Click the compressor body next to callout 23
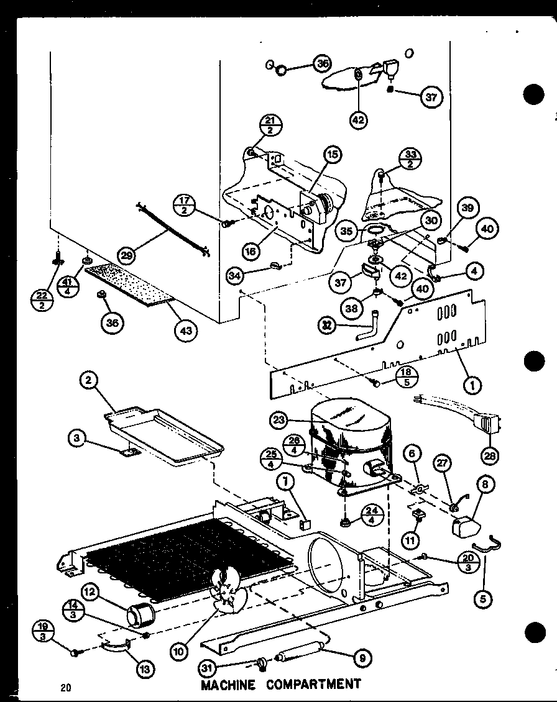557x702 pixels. (x=351, y=435)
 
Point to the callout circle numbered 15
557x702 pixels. (x=333, y=154)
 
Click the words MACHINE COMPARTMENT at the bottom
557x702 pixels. (x=280, y=685)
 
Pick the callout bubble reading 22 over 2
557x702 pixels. (x=41, y=301)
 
